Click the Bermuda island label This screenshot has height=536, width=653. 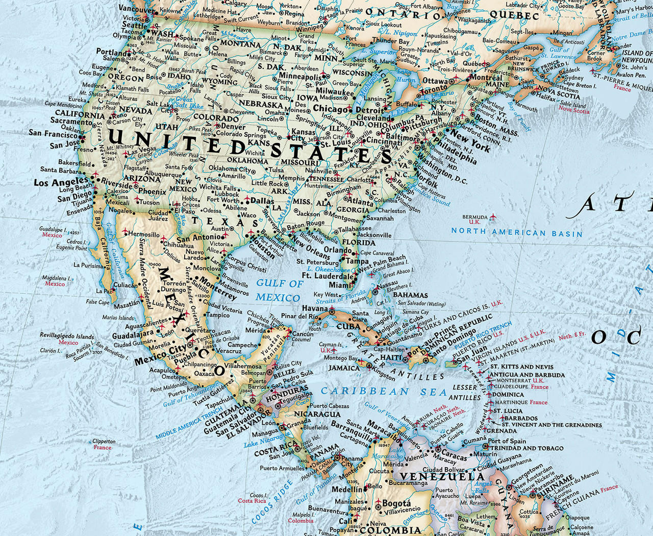(475, 217)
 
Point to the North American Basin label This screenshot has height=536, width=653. (517, 233)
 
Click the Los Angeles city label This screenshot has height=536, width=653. (61, 182)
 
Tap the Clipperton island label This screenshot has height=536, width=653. (104, 442)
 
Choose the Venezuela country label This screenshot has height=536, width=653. (442, 477)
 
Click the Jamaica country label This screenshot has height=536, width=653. (343, 368)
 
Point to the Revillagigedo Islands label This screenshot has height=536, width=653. (67, 336)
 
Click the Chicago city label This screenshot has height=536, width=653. (330, 109)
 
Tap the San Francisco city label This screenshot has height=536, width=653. (53, 133)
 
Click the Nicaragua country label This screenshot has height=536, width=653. (317, 413)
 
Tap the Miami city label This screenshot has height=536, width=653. (341, 285)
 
